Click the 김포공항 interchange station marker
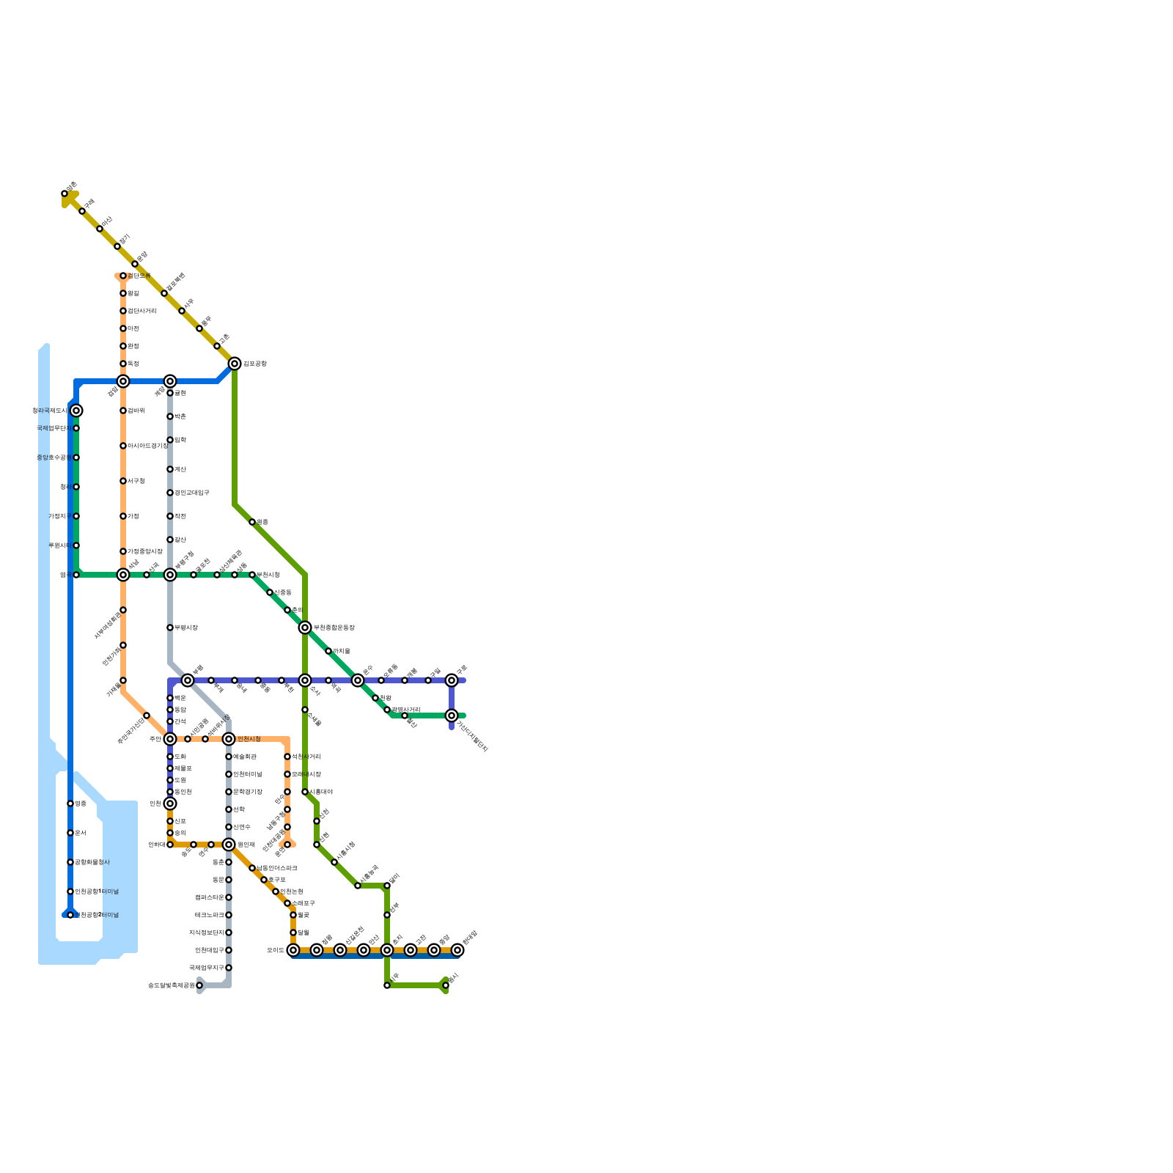[235, 364]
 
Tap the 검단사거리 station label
[141, 311]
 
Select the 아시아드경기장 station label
[147, 446]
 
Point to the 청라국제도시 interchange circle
[76, 411]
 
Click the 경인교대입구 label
[191, 493]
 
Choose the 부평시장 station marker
[170, 628]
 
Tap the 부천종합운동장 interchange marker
[305, 628]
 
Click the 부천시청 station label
[268, 575]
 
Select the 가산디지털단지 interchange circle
[452, 716]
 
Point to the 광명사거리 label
[405, 710]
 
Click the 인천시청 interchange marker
[229, 739]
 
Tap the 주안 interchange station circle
[170, 739]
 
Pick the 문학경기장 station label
[247, 792]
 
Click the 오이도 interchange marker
[293, 950]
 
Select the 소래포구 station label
[303, 903]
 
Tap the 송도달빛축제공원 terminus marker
[199, 985]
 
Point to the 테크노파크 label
[209, 915]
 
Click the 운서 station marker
[70, 833]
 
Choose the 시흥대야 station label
[320, 792]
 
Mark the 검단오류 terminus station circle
[123, 276]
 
